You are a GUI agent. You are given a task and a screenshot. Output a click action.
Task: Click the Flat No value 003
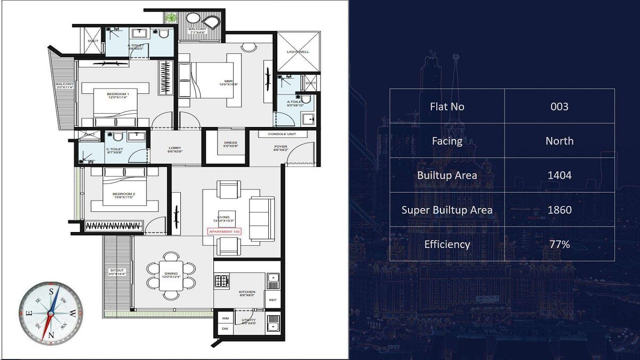559,106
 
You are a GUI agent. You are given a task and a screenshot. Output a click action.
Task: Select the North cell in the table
559,141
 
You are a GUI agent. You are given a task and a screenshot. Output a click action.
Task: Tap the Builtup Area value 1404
559,175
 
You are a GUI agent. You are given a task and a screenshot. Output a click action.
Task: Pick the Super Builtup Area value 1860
559,210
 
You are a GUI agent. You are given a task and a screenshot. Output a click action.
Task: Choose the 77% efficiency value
559,244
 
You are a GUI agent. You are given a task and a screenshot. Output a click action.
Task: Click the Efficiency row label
447,244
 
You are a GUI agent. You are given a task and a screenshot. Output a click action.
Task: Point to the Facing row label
447,141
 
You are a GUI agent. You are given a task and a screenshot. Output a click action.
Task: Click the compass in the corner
51,313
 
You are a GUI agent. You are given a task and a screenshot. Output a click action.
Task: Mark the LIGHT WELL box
298,52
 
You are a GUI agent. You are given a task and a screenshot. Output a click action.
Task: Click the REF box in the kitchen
273,300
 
